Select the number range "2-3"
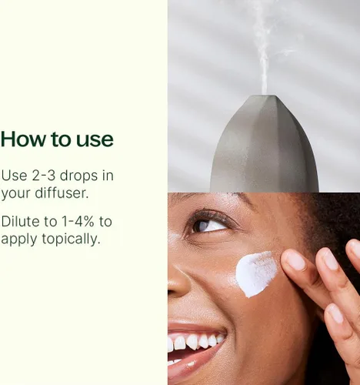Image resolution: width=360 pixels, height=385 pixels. coord(44,176)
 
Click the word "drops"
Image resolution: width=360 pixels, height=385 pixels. coord(79,176)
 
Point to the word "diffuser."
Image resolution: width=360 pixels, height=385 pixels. coord(62,192)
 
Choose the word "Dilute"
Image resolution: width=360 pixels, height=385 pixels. coord(21,222)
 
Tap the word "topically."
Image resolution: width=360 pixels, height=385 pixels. coord(71,239)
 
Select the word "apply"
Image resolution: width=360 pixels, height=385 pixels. coord(19,239)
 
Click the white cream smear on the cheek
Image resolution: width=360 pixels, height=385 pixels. coord(256,273)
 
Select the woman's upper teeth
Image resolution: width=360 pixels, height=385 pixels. coord(195,342)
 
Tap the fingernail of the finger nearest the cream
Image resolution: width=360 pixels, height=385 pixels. coord(295,260)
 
